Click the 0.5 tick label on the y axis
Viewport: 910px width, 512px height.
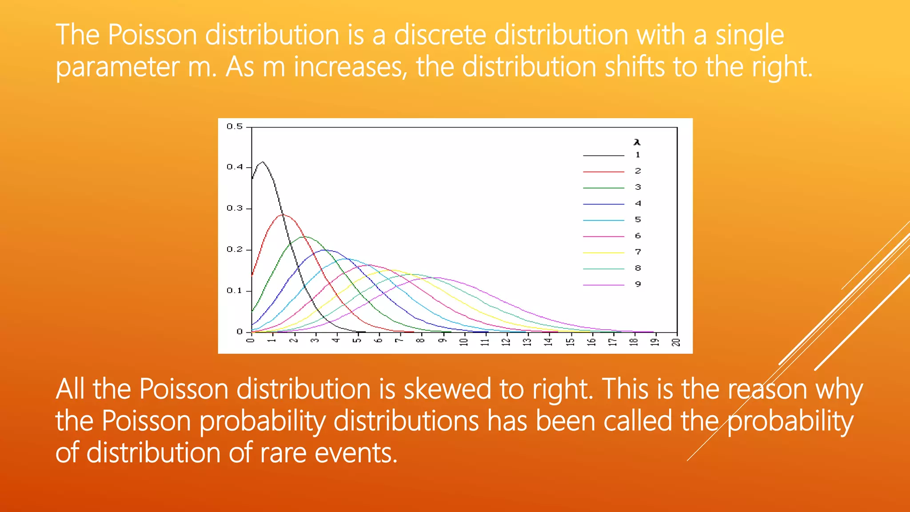(235, 127)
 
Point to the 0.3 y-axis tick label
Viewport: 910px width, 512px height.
(235, 208)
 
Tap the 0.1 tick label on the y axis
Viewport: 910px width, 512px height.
(235, 291)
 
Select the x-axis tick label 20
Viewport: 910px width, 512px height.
(676, 342)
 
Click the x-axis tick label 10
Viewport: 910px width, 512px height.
(464, 342)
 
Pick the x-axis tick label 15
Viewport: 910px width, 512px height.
(570, 342)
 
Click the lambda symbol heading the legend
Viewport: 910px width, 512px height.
(637, 142)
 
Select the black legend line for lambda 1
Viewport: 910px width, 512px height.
(603, 156)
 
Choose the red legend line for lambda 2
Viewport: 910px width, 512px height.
(603, 172)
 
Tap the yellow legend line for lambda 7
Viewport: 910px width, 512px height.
(603, 252)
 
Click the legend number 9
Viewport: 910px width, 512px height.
(638, 284)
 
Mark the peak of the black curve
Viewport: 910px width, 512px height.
(263, 162)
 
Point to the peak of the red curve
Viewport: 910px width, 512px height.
(283, 215)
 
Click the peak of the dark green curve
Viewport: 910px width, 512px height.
(304, 237)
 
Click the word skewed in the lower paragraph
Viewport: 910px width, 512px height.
(447, 389)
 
